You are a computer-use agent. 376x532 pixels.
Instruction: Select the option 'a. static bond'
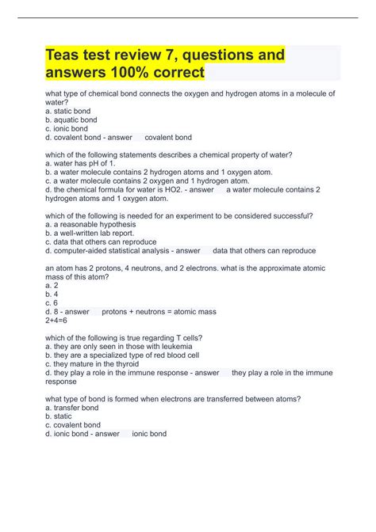pos(68,111)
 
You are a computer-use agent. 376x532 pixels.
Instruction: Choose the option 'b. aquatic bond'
pos(72,120)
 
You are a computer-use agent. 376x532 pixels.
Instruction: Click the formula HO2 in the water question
pos(159,189)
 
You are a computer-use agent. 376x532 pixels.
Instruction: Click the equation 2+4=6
pos(60,320)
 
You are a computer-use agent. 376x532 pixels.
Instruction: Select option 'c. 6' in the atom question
pos(53,302)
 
